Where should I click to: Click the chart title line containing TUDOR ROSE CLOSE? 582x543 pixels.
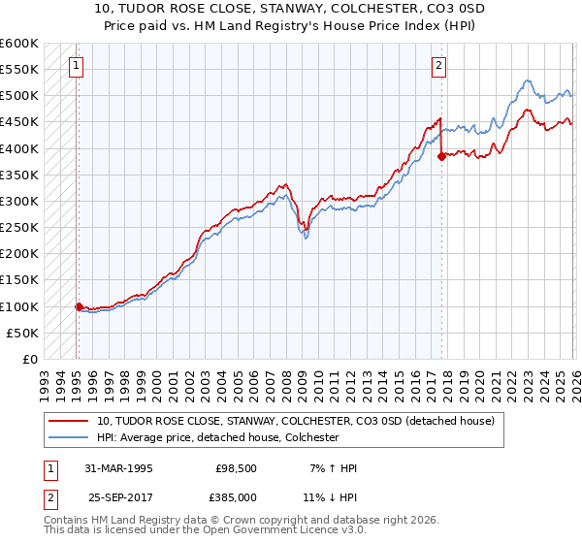coord(292,10)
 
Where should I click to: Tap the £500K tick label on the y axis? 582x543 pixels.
coord(19,96)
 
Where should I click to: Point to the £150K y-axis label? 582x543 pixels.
coord(19,280)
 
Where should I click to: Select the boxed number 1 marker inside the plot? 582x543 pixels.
coord(77,66)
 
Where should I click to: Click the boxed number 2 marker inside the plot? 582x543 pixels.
coord(438,66)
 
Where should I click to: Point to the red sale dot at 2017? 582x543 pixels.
coord(441,156)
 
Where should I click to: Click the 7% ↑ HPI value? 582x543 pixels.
coord(331,468)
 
